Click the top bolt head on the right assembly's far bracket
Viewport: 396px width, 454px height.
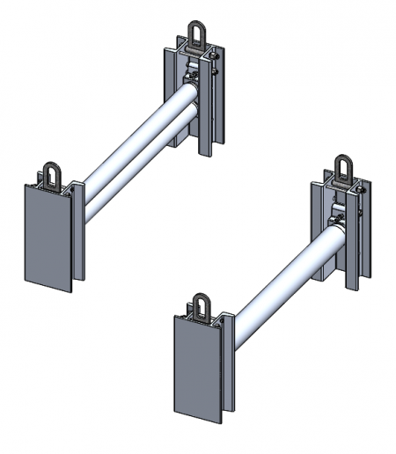tap(360, 188)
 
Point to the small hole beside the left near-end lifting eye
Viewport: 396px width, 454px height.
tap(36, 186)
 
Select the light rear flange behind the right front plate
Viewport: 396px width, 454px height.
tap(231, 361)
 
